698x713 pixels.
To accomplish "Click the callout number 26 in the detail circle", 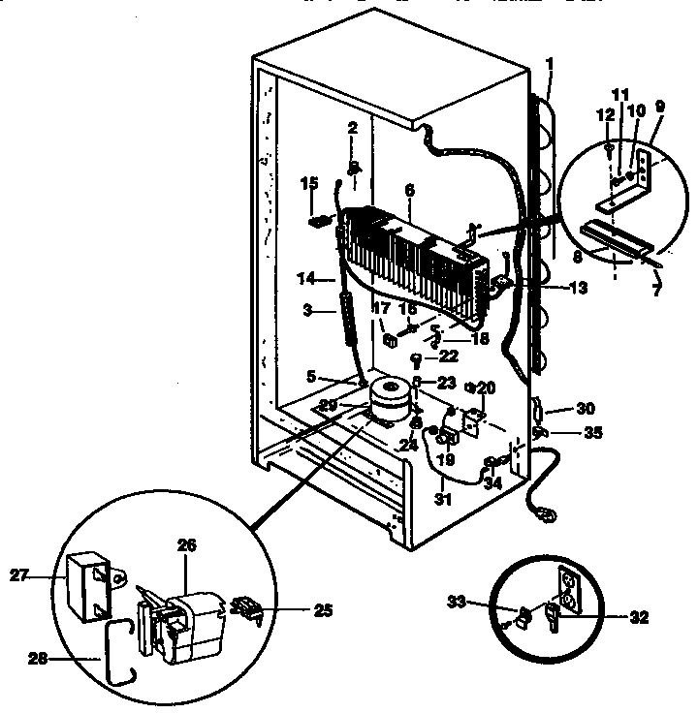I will pyautogui.click(x=186, y=546).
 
